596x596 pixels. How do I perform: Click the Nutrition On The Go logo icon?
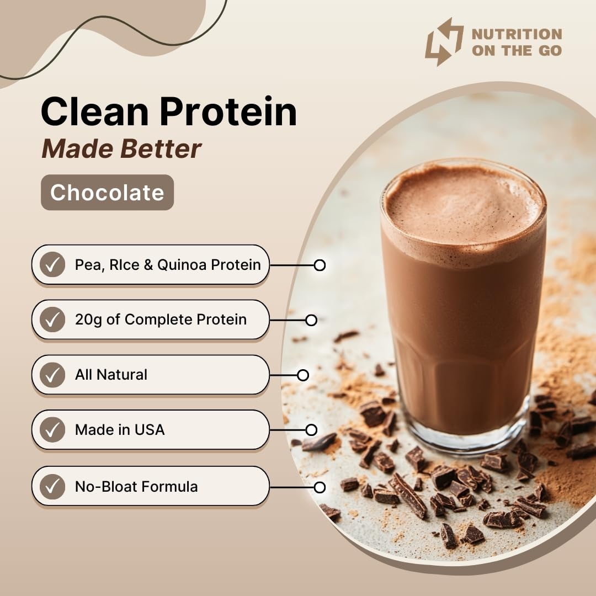coord(444,42)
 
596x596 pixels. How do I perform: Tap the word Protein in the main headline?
coord(228,113)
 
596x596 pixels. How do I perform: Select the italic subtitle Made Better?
coord(121,148)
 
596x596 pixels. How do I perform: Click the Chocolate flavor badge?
coord(107,193)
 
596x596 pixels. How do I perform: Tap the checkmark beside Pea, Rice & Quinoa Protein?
coord(52,265)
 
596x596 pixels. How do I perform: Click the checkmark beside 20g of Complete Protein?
coord(52,320)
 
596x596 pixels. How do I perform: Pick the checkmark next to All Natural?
coord(52,375)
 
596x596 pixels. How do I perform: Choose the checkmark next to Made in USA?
coord(52,430)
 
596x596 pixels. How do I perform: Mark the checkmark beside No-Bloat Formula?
coord(52,487)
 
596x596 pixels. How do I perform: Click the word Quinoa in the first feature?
coord(181,265)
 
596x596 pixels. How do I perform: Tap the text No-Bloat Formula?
coord(136,487)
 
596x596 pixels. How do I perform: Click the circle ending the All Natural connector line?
coord(303,375)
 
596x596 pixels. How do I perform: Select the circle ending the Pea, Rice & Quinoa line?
coord(320,265)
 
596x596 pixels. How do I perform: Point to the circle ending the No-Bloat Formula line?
coord(320,487)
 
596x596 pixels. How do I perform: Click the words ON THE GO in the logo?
coord(516,51)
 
